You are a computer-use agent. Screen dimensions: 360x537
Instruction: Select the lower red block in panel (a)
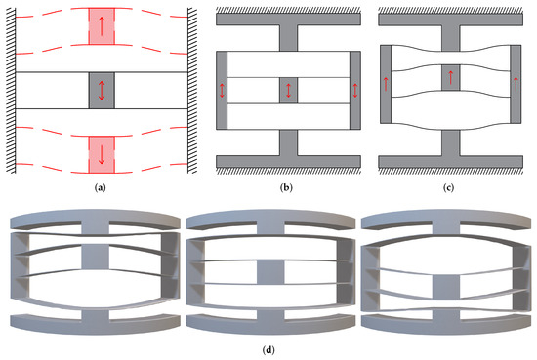101,150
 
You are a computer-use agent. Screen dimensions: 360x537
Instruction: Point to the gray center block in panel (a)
101,89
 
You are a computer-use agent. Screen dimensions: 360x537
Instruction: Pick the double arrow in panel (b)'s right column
356,90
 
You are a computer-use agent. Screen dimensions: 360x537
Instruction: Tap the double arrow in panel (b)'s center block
289,90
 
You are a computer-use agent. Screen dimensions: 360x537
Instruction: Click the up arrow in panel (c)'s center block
450,77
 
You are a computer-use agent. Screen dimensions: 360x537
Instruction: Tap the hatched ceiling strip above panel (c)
449,7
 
